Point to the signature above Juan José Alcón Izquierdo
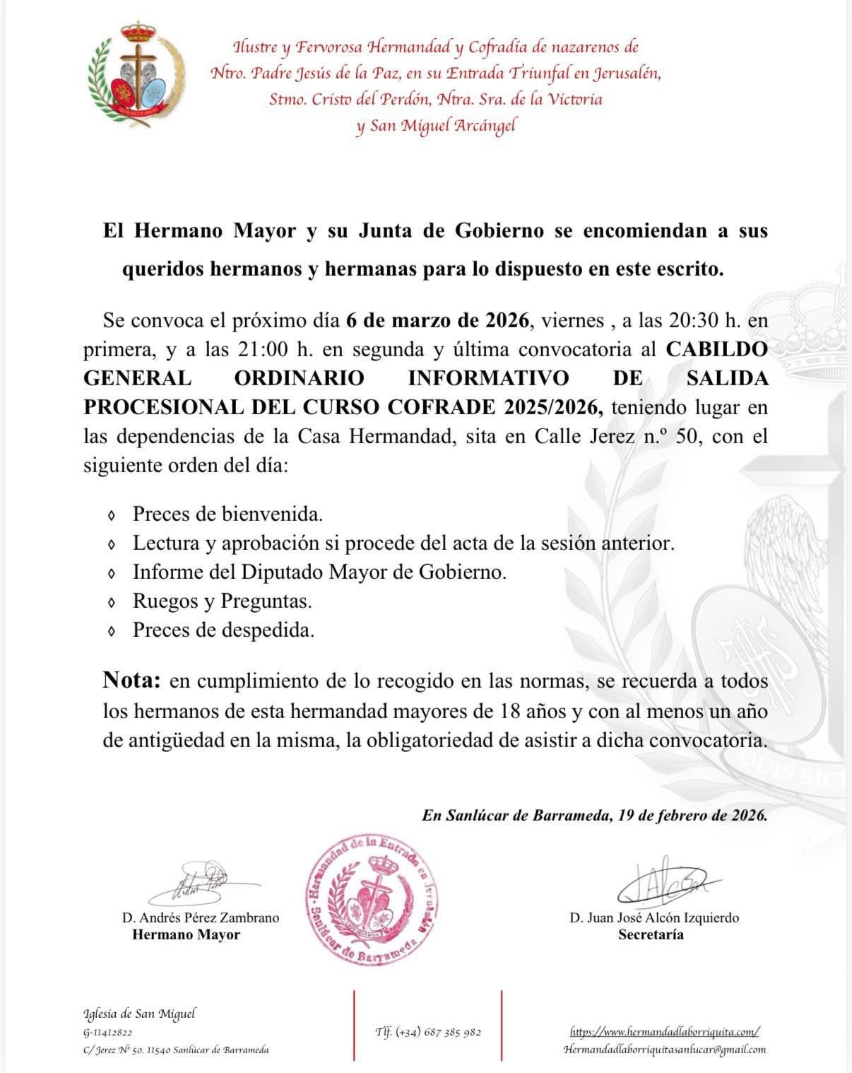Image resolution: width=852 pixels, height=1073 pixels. (x=661, y=884)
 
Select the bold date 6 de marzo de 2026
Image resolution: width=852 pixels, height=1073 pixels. (x=437, y=320)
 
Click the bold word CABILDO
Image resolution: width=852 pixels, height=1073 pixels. (x=716, y=349)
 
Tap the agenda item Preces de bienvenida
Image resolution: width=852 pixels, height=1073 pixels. (x=227, y=514)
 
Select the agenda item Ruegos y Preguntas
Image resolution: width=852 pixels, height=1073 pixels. (x=222, y=601)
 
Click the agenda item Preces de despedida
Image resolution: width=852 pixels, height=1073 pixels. (x=223, y=630)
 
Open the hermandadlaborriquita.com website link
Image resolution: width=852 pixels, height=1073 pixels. (x=664, y=1032)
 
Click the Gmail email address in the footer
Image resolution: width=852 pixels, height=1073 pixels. (x=665, y=1050)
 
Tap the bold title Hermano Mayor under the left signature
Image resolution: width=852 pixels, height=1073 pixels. (x=187, y=935)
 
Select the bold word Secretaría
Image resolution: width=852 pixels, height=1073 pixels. (x=651, y=935)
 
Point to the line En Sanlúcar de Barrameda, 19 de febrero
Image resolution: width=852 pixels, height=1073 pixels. (x=594, y=815)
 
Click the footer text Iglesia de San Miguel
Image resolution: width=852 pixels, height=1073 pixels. (x=139, y=1014)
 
